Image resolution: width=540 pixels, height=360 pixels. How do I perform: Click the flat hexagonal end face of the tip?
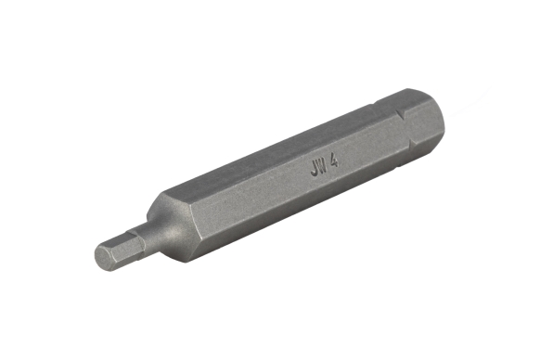point(104,255)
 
